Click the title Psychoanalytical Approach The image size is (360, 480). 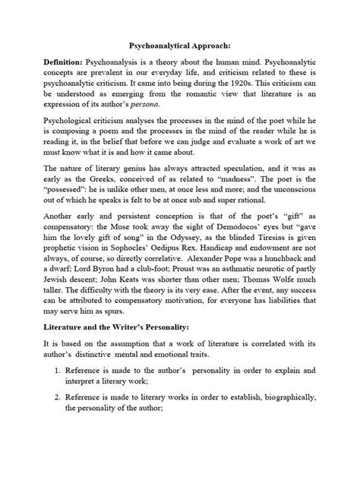179,45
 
